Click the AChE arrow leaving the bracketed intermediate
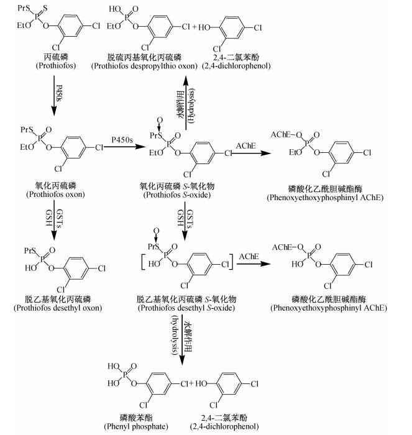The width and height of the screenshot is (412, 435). (x=248, y=264)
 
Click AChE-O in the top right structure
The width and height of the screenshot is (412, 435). (x=284, y=134)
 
